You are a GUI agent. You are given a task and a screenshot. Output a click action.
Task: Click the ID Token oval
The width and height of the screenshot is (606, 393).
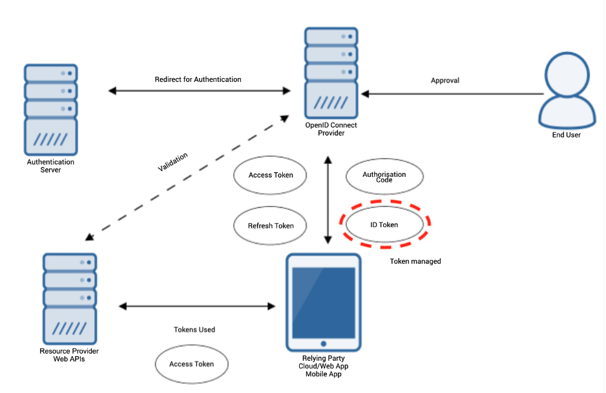[385, 225]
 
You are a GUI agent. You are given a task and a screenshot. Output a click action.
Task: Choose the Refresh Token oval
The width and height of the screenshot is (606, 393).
[271, 226]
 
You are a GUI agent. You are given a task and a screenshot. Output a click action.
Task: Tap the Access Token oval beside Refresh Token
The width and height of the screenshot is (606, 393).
[271, 175]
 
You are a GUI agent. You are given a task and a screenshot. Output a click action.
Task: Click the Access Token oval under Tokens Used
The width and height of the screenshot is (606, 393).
[191, 364]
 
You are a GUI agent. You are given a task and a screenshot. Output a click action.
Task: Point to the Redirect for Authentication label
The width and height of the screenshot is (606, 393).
[198, 79]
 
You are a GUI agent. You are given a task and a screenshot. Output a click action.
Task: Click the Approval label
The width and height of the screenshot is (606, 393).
[444, 81]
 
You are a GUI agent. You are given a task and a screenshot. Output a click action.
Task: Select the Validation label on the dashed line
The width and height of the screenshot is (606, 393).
[173, 162]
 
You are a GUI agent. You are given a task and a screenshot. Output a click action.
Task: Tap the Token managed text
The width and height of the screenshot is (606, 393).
[415, 261]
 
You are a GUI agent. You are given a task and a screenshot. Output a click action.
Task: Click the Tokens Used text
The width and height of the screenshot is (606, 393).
[194, 330]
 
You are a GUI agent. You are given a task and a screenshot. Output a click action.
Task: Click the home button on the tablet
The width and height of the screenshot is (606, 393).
[323, 343]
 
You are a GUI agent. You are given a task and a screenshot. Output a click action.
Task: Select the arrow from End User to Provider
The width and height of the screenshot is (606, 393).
[452, 94]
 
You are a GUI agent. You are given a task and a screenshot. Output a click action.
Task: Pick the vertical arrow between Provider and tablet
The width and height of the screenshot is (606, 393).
[328, 200]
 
